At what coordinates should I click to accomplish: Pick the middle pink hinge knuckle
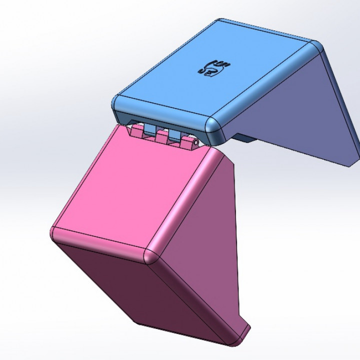pyautogui.click(x=160, y=136)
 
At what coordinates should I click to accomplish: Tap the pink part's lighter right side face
pyautogui.click(x=200, y=250)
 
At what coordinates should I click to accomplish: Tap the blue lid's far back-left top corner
pyautogui.click(x=220, y=22)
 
